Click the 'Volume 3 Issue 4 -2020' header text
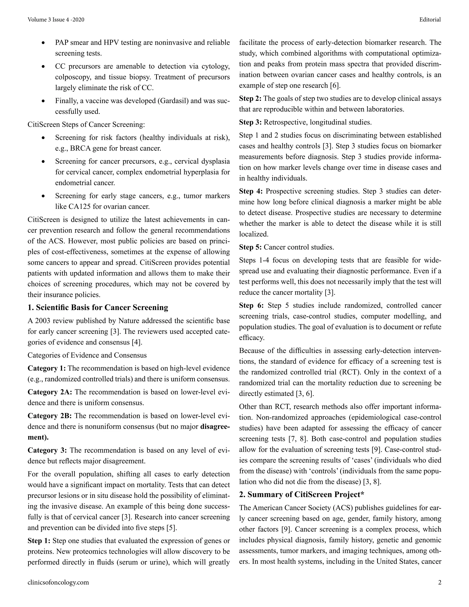pyautogui.click(x=56, y=19)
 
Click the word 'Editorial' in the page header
pyautogui.click(x=430, y=19)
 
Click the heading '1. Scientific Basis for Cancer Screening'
pyautogui.click(x=98, y=307)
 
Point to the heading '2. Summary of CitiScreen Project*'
pyautogui.click(x=301, y=495)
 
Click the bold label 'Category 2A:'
pyautogui.click(x=50, y=392)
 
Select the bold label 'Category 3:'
pyautogui.click(x=47, y=450)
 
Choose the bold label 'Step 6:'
pyautogui.click(x=251, y=305)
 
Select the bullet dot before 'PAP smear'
pyautogui.click(x=43, y=43)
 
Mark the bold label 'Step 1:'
pyautogui.click(x=39, y=541)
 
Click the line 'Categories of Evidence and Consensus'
pyautogui.click(x=87, y=355)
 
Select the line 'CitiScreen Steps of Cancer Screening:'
pyautogui.click(x=86, y=125)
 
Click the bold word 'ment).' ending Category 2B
pyautogui.click(x=38, y=437)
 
